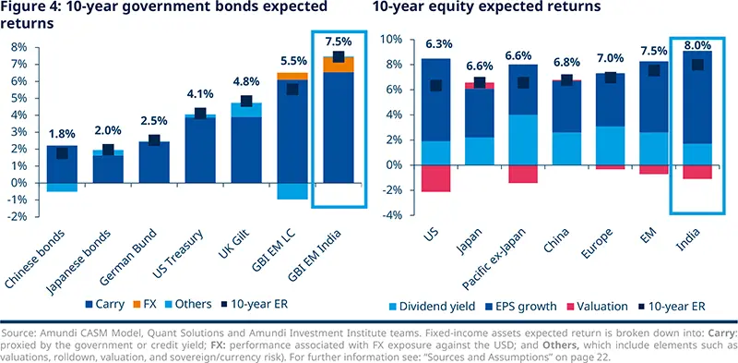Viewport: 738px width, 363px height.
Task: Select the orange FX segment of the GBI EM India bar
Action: click(x=339, y=64)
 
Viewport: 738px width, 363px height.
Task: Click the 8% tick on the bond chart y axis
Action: click(x=18, y=46)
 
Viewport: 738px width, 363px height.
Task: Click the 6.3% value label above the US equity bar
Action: click(x=435, y=43)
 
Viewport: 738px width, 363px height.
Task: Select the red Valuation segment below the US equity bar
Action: click(x=435, y=177)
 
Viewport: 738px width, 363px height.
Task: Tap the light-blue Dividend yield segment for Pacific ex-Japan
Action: click(x=523, y=139)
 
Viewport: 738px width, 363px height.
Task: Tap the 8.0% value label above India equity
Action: click(x=698, y=43)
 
